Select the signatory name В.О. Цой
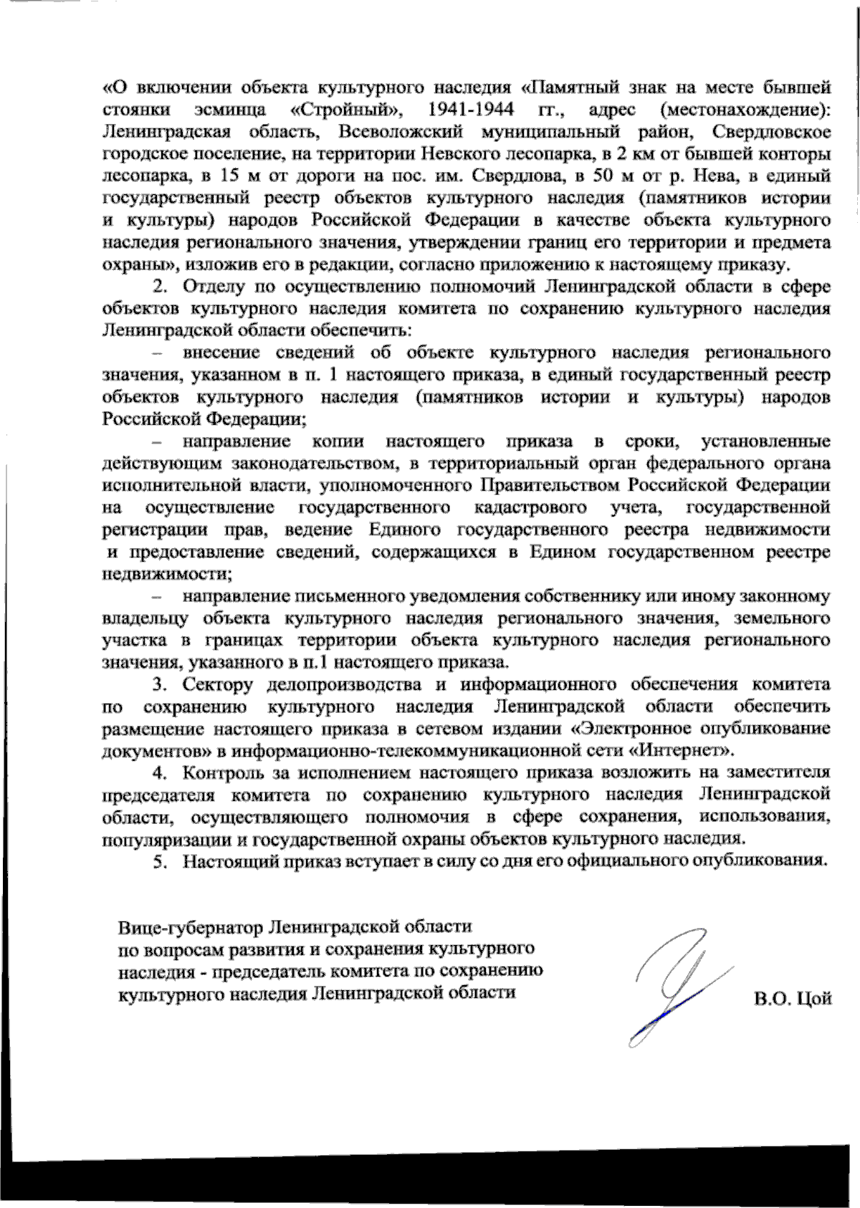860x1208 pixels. pos(792,999)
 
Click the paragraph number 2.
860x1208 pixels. pos(161,287)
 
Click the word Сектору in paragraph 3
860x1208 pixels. pos(218,685)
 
